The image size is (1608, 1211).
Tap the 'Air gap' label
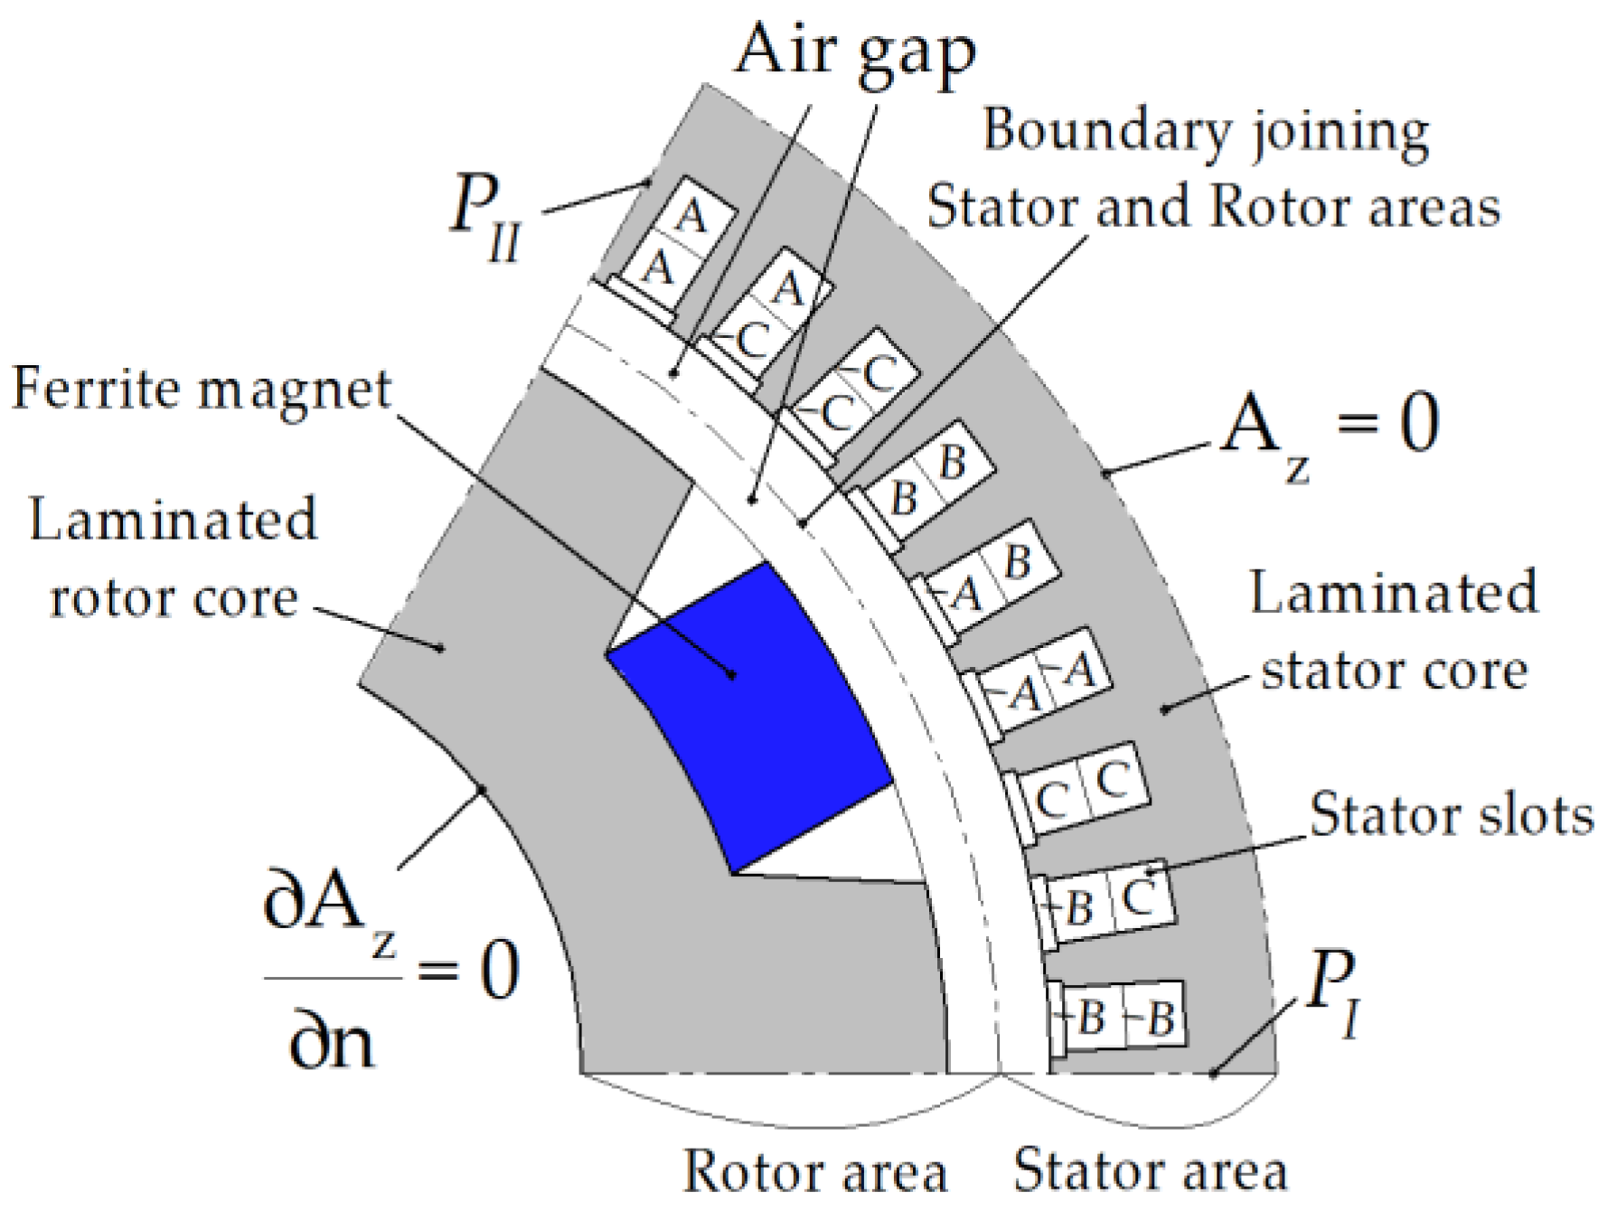[855, 52]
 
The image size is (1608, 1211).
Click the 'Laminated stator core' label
[1393, 632]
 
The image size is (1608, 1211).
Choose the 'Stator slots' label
[1451, 814]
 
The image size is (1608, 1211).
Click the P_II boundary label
[487, 221]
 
